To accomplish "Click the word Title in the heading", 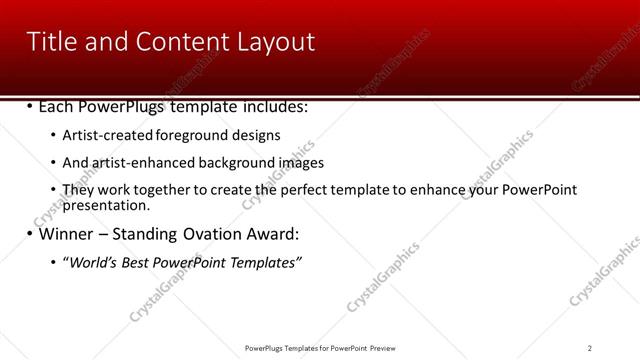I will [51, 41].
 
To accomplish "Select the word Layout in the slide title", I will [276, 41].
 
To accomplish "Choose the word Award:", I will [271, 234].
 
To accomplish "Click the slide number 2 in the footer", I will [590, 348].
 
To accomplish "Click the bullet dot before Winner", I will [30, 234].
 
